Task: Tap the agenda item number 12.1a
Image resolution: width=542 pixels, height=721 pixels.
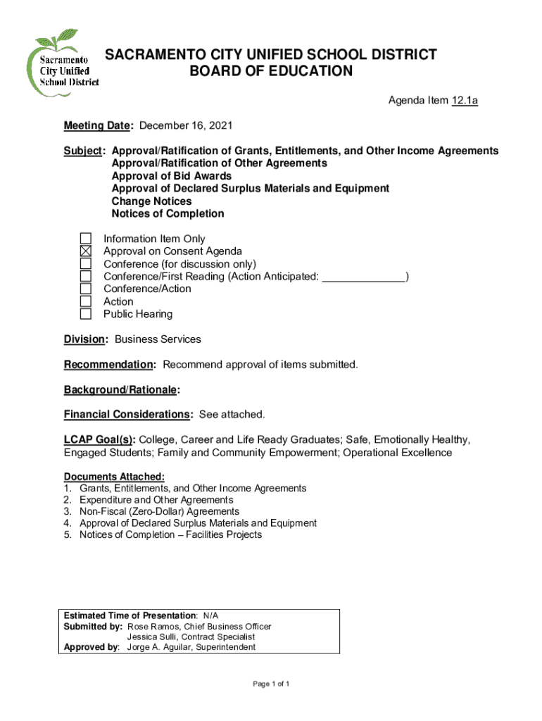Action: click(465, 101)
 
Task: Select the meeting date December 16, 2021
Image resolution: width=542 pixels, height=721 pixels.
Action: click(186, 126)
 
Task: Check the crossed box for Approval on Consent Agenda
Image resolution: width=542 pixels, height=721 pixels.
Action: click(85, 251)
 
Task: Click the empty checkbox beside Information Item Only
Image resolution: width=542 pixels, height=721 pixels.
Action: click(85, 239)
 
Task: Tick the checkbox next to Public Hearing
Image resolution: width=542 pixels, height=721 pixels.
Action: click(85, 314)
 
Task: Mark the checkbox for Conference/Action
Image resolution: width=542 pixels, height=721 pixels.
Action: click(85, 289)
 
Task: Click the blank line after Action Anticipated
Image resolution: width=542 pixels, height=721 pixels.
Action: click(363, 277)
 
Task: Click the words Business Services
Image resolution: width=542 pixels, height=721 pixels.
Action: click(158, 339)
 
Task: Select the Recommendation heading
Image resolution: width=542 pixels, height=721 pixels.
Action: click(110, 365)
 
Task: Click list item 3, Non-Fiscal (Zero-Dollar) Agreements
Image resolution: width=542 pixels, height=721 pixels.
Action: click(159, 512)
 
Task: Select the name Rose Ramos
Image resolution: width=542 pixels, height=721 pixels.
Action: click(153, 627)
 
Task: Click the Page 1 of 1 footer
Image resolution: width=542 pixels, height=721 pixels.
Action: click(271, 684)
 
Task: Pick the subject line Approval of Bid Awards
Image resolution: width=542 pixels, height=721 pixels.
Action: click(172, 176)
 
